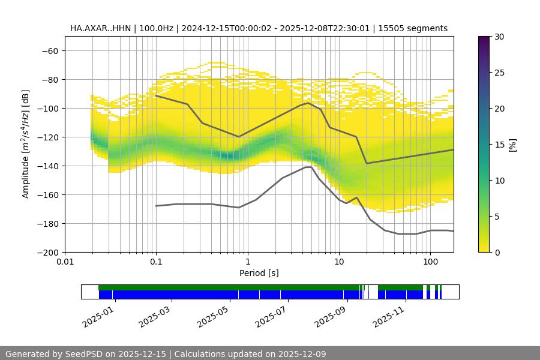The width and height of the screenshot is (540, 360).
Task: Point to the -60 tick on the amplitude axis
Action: pos(50,50)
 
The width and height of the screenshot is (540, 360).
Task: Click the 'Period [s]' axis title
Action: pos(259,273)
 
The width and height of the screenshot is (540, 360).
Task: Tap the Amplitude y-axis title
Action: pos(26,144)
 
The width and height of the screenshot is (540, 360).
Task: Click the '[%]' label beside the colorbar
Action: pos(512,145)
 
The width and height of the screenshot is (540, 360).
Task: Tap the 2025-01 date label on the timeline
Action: pos(98,316)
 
